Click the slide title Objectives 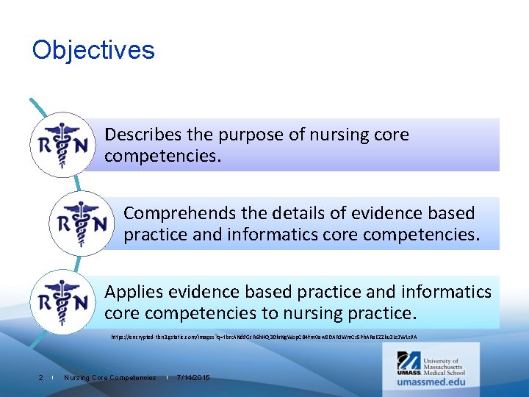coord(93,50)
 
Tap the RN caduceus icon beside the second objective coord(82,223)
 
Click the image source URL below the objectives coord(264,337)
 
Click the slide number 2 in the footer coord(40,377)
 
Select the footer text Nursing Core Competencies coord(110,377)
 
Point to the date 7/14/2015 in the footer coord(193,377)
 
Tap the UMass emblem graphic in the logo coord(409,362)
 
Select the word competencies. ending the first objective coord(162,156)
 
